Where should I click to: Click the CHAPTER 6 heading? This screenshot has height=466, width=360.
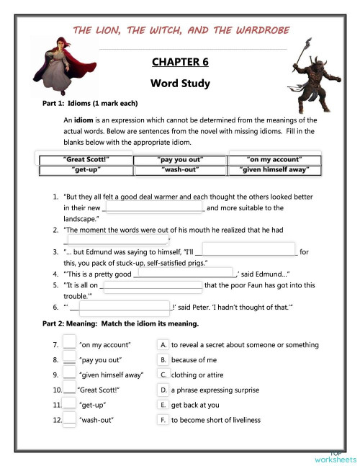180,62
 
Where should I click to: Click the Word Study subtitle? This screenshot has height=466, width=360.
180,83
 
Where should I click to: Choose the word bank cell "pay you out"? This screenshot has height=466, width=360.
181,159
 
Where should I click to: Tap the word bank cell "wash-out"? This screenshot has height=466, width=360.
181,170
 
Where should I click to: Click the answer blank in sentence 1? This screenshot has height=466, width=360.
156,208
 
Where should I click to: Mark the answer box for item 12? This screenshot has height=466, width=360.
69,419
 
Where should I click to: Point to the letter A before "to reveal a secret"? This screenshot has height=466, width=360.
164,345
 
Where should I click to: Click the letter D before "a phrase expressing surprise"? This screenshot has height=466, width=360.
164,390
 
